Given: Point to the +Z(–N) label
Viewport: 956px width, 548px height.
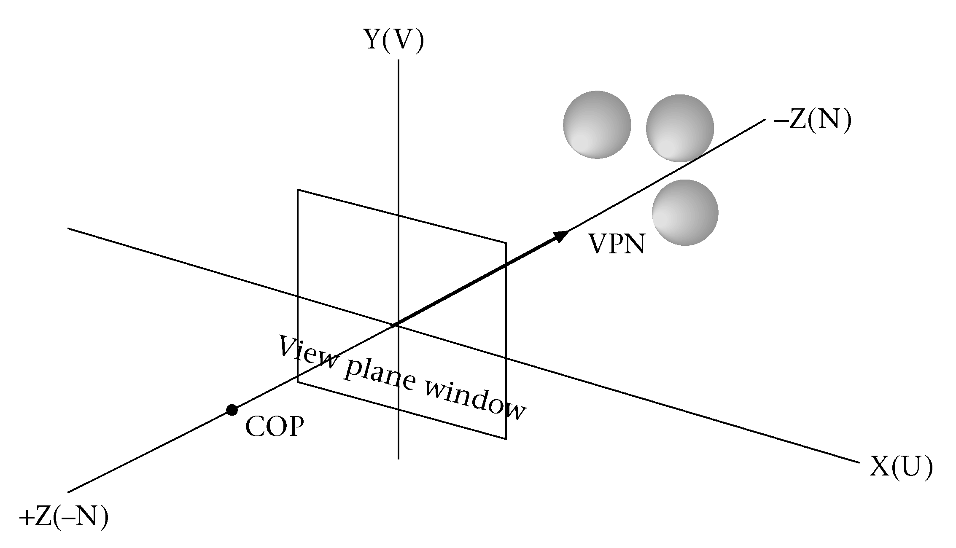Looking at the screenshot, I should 64,517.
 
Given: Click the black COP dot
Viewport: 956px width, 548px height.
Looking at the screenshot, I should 232,410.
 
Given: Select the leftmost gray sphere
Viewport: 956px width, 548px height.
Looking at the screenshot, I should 597,124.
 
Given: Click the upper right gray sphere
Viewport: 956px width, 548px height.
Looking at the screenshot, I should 680,128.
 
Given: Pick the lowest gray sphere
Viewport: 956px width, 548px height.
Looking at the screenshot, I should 685,212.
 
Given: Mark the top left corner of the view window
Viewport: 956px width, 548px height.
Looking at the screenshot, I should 298,190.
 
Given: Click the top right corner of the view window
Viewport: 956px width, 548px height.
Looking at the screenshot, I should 506,243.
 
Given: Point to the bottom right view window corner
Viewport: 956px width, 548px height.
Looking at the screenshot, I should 506,439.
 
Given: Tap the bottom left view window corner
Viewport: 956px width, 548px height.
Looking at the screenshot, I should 298,382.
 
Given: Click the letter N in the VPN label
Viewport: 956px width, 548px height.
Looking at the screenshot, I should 634,244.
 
